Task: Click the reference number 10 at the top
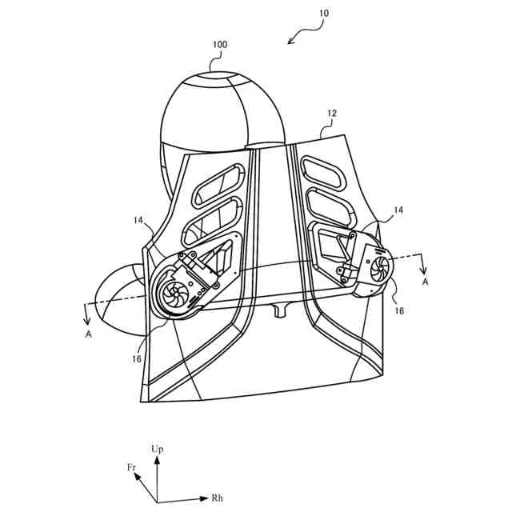click(322, 14)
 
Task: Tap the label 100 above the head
click(219, 45)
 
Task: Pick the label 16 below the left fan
click(137, 359)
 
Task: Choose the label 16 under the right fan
click(399, 310)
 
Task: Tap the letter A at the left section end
click(89, 334)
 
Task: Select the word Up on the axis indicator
click(158, 450)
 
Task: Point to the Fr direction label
click(131, 466)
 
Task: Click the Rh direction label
click(217, 498)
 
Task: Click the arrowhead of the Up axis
click(158, 461)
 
